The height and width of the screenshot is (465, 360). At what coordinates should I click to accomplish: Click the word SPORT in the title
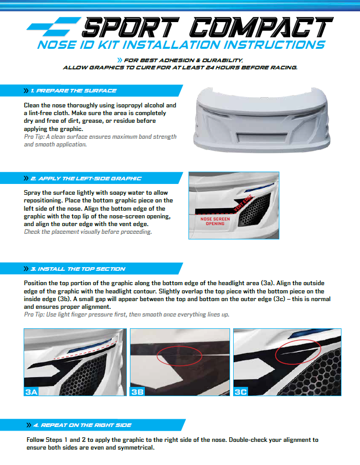coord(130,27)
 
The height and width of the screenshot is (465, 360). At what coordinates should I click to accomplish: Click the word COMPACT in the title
coord(261,27)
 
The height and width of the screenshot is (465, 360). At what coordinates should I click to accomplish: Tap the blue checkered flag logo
coord(53,27)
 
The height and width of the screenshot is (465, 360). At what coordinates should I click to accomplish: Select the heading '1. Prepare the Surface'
coord(73,91)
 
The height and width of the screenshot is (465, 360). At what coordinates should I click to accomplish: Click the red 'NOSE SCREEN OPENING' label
coord(215,221)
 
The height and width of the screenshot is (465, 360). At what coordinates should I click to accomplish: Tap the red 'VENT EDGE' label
coord(243,203)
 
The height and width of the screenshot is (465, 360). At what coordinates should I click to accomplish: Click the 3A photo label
coord(31,392)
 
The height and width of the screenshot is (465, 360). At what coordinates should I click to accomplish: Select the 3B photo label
coord(138,392)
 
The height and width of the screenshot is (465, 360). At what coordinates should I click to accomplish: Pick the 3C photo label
coord(240,392)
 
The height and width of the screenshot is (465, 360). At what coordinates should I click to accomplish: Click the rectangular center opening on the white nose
coord(262,137)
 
